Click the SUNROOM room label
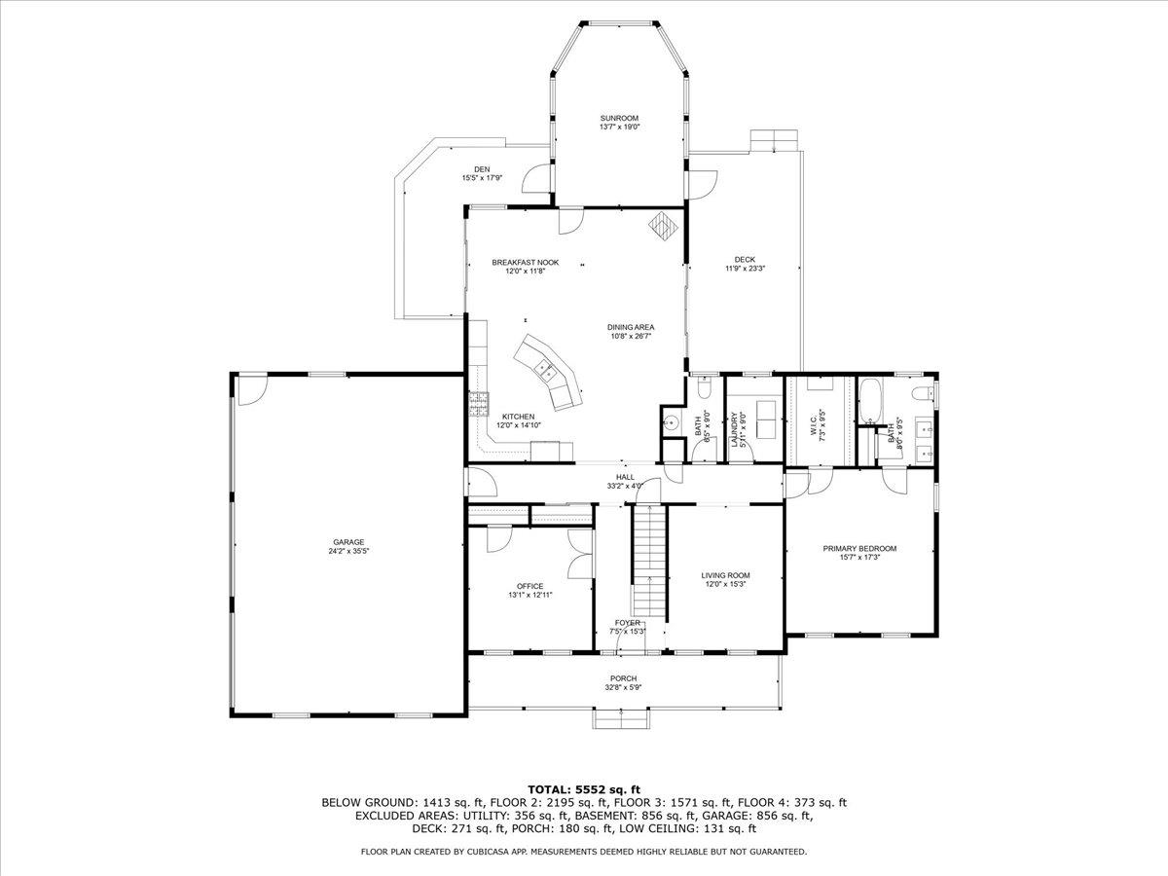point(619,118)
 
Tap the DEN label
point(482,169)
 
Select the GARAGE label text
point(348,542)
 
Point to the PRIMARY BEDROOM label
point(859,548)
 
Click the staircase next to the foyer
point(649,562)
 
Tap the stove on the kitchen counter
point(478,404)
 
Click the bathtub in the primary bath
point(870,401)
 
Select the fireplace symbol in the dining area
point(663,226)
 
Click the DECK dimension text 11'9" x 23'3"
point(745,268)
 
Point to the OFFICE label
point(530,586)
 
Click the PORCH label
point(624,678)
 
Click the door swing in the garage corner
point(252,391)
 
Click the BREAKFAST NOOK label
point(526,262)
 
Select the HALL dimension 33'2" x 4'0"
point(625,486)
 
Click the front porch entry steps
point(622,719)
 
